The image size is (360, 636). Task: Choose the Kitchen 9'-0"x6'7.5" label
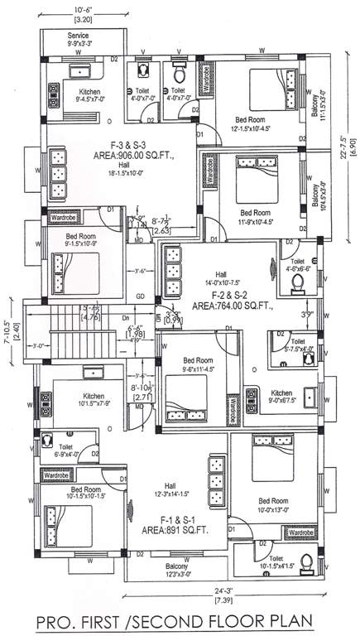[282, 397]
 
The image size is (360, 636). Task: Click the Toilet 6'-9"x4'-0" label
[68, 450]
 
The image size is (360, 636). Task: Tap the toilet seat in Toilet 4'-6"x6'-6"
[299, 286]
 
